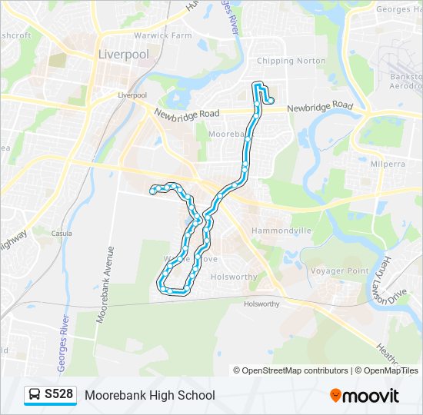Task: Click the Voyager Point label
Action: pos(339,271)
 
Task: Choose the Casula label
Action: pos(62,234)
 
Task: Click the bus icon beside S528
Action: pos(35,395)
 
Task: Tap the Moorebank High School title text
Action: pos(150,395)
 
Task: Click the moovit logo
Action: pos(365,396)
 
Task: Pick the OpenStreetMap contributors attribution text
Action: pos(295,370)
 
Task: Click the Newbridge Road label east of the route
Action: pos(319,108)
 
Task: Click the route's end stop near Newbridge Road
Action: pos(270,100)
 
